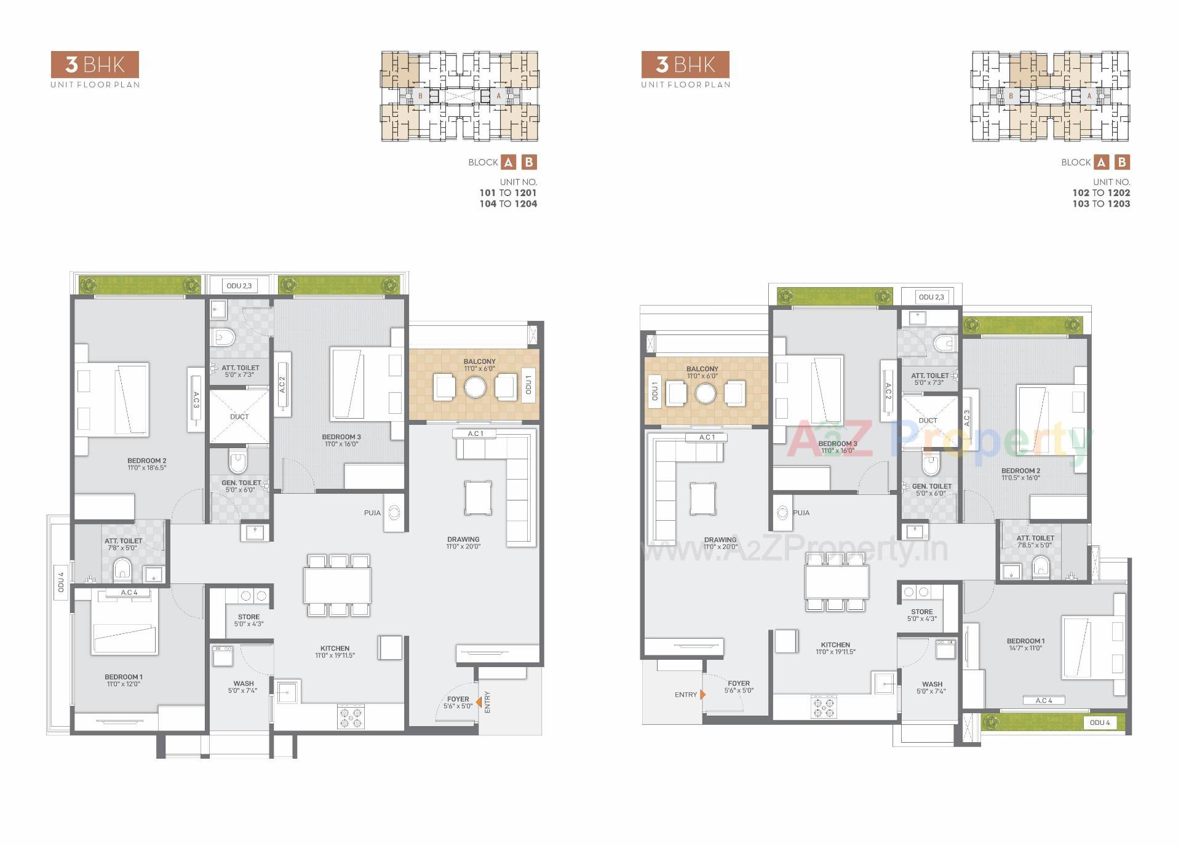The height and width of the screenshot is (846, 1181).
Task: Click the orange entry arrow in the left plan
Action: pyautogui.click(x=478, y=700)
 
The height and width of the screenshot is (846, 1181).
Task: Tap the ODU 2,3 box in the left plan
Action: pyautogui.click(x=239, y=286)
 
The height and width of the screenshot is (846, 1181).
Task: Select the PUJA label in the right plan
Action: pyautogui.click(x=801, y=513)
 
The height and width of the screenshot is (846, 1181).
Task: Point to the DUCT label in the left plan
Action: pyautogui.click(x=239, y=417)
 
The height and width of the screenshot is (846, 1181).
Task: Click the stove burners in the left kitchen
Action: pyautogui.click(x=351, y=718)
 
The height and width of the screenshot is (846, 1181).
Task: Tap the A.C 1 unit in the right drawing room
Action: pyautogui.click(x=707, y=437)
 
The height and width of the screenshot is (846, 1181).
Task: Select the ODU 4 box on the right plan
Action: pyautogui.click(x=1100, y=722)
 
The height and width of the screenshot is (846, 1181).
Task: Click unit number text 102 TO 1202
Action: pyautogui.click(x=1101, y=192)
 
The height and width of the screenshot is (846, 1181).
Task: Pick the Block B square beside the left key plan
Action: pyautogui.click(x=529, y=162)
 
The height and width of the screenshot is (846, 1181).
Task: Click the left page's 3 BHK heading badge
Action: pyautogui.click(x=95, y=65)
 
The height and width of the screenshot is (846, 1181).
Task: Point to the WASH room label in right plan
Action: pyautogui.click(x=932, y=684)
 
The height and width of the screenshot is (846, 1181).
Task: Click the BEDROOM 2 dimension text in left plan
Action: pyautogui.click(x=146, y=468)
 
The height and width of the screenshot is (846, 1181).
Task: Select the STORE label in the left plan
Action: pyautogui.click(x=249, y=617)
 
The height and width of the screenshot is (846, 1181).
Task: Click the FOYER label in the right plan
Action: pyautogui.click(x=738, y=683)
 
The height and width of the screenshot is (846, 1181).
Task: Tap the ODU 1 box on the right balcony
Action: pyautogui.click(x=654, y=392)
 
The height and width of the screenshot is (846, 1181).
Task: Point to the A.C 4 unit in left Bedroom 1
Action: pyautogui.click(x=129, y=593)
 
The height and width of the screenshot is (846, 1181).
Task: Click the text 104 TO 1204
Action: pyautogui.click(x=508, y=204)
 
